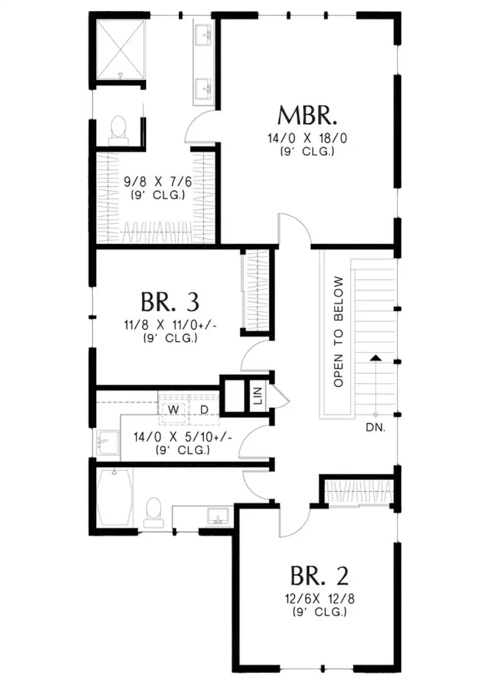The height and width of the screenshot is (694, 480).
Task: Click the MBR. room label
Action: (306, 116)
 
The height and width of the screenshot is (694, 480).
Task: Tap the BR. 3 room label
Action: (170, 302)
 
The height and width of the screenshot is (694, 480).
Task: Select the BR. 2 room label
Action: (319, 576)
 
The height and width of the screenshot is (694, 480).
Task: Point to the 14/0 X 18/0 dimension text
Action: (307, 138)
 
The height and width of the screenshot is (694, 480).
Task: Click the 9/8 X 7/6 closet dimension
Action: (158, 182)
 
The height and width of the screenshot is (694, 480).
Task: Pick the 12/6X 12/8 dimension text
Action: (319, 599)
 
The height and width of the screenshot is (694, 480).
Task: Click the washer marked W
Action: (173, 410)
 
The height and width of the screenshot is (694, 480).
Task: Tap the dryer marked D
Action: (204, 410)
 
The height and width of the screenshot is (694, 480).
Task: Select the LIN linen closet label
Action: (258, 396)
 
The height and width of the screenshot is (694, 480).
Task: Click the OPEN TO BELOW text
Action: (338, 331)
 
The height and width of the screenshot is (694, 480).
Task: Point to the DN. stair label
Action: (376, 428)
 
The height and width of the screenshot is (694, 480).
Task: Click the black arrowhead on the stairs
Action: (376, 358)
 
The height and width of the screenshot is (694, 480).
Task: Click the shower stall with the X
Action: (120, 50)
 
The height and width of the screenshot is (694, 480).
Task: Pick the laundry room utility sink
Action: (107, 442)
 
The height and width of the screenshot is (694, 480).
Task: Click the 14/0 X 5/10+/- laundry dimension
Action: (183, 437)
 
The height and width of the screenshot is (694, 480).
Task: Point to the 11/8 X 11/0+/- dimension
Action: (170, 325)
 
